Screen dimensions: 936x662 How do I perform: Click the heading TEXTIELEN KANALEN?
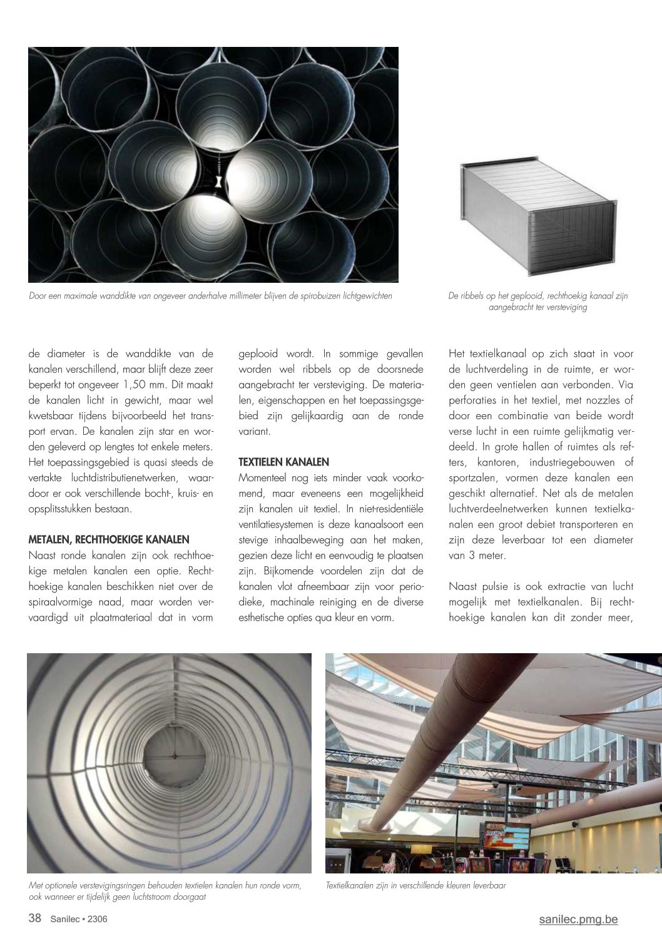pyautogui.click(x=283, y=462)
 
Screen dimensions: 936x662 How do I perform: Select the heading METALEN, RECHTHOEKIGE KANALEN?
pyautogui.click(x=109, y=540)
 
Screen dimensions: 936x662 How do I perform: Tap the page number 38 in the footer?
pyautogui.click(x=35, y=918)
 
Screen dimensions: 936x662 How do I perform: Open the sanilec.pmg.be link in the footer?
pyautogui.click(x=578, y=919)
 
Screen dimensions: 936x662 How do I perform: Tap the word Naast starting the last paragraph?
pyautogui.click(x=464, y=587)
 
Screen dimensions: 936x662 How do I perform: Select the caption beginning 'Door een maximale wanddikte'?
pyautogui.click(x=210, y=296)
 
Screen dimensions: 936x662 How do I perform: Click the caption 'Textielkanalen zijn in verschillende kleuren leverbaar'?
pyautogui.click(x=415, y=885)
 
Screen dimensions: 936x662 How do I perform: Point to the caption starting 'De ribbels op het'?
pyautogui.click(x=537, y=302)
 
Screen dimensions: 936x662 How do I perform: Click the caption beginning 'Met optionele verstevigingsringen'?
pyautogui.click(x=165, y=891)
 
